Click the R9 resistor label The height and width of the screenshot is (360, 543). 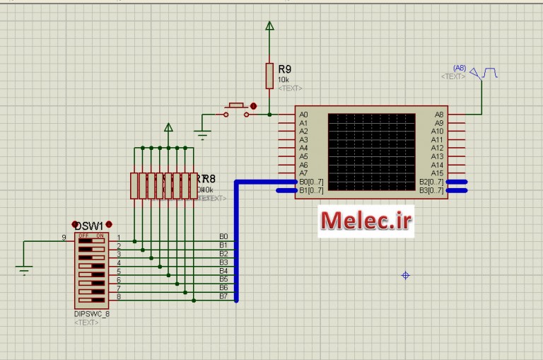[x=284, y=69]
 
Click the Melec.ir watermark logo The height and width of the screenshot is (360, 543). [x=366, y=221]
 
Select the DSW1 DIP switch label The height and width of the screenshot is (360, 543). [x=88, y=226]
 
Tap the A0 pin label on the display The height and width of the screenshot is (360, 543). [x=303, y=115]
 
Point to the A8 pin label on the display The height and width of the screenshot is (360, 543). [x=439, y=115]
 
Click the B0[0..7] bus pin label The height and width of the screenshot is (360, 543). [x=311, y=182]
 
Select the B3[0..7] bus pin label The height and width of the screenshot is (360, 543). [x=431, y=190]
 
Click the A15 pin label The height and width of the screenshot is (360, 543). [x=438, y=173]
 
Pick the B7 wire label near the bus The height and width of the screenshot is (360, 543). [x=223, y=296]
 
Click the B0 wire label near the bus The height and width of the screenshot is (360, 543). [x=223, y=236]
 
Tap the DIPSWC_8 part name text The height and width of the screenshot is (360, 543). [x=92, y=314]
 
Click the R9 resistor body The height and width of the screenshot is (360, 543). [x=269, y=75]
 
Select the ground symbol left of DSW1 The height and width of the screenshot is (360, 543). [x=24, y=268]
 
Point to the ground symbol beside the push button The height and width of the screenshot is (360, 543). [x=203, y=134]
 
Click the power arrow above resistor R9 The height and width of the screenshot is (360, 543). [x=269, y=26]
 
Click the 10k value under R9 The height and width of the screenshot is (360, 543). [x=283, y=80]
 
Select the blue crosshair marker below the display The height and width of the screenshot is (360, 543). [x=406, y=275]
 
